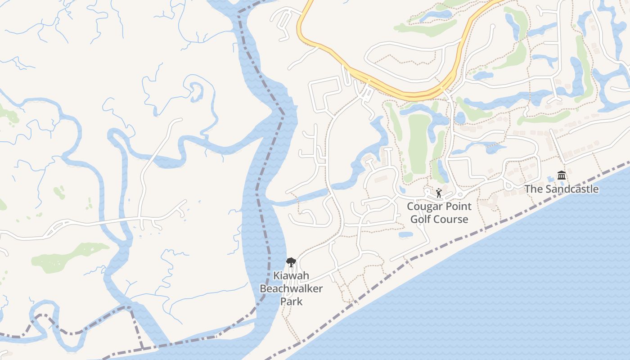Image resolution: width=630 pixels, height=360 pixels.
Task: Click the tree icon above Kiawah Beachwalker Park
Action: [x=291, y=262]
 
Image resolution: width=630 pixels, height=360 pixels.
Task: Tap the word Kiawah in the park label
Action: [x=291, y=275]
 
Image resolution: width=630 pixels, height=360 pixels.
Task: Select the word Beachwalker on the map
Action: [x=291, y=288]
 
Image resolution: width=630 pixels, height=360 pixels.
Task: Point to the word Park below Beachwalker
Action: [x=291, y=301]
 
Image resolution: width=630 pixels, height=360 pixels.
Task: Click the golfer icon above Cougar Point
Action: [x=439, y=193]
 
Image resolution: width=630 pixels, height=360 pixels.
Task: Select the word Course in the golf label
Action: [x=451, y=219]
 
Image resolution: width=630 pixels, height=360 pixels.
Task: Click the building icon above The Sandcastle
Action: [x=561, y=175]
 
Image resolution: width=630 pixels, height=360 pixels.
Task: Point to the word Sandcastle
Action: [x=572, y=189]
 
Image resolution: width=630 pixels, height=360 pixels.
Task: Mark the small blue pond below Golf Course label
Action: [x=406, y=234]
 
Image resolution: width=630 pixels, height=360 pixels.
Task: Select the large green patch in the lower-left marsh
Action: [x=67, y=256]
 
